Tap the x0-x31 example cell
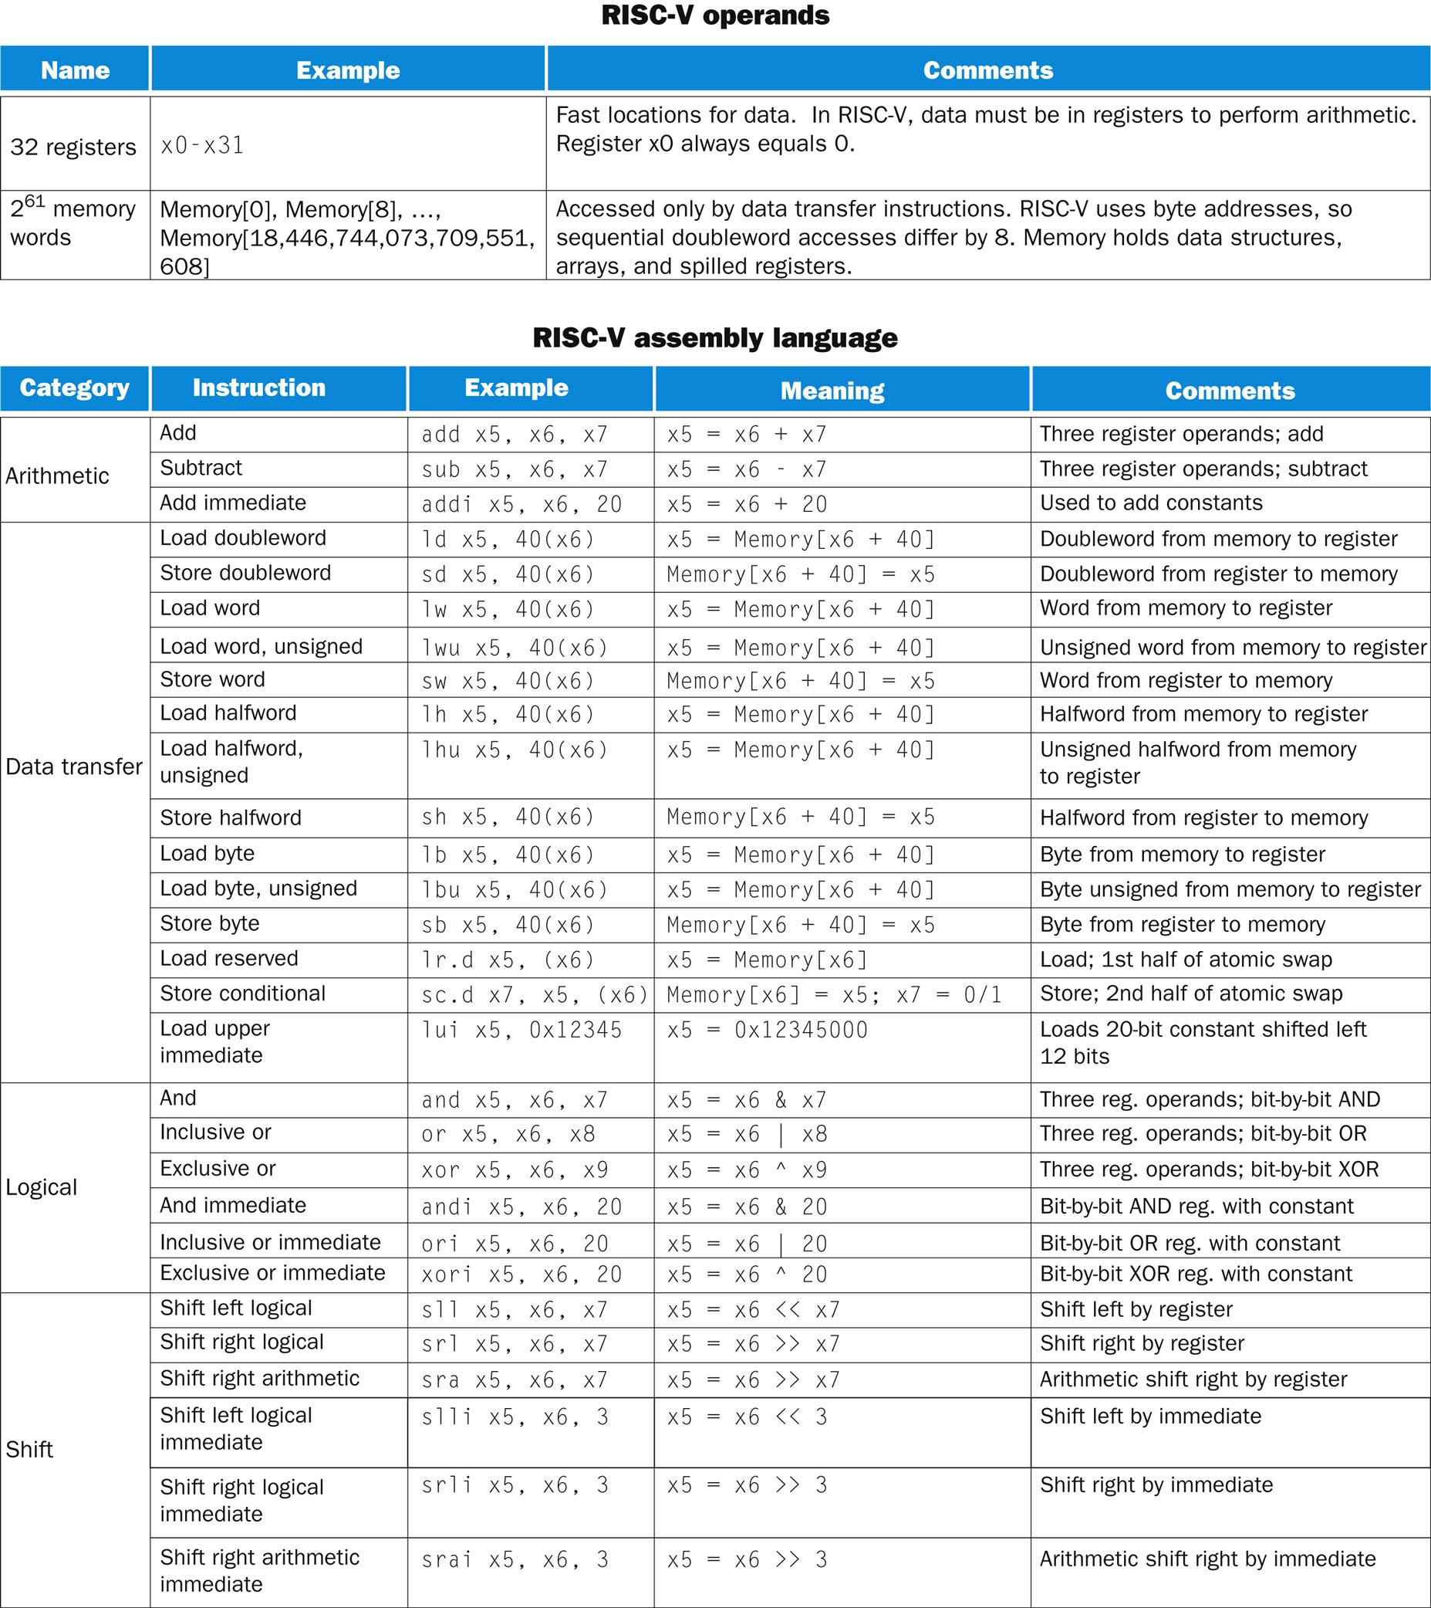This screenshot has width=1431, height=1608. [x=202, y=146]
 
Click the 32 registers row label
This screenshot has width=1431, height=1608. [x=73, y=147]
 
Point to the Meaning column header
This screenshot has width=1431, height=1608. [x=832, y=390]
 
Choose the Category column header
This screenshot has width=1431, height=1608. [x=75, y=388]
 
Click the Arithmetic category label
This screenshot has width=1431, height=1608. [x=57, y=476]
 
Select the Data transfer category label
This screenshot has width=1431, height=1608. [x=74, y=767]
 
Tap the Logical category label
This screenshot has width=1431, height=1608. [x=42, y=1187]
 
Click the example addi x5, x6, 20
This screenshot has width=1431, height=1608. [x=521, y=504]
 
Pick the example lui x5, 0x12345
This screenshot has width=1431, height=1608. [x=521, y=1030]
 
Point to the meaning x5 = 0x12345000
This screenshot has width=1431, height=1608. [x=767, y=1030]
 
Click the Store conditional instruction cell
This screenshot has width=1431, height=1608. [x=242, y=994]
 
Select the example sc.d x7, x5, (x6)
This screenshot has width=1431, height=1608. [x=535, y=995]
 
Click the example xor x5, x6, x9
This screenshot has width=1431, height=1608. [x=515, y=1170]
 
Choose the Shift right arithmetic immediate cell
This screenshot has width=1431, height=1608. [x=259, y=1570]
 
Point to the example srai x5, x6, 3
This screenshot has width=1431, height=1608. [x=515, y=1559]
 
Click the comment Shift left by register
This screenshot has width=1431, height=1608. [x=1136, y=1309]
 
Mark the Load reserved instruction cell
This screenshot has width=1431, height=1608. [x=229, y=958]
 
